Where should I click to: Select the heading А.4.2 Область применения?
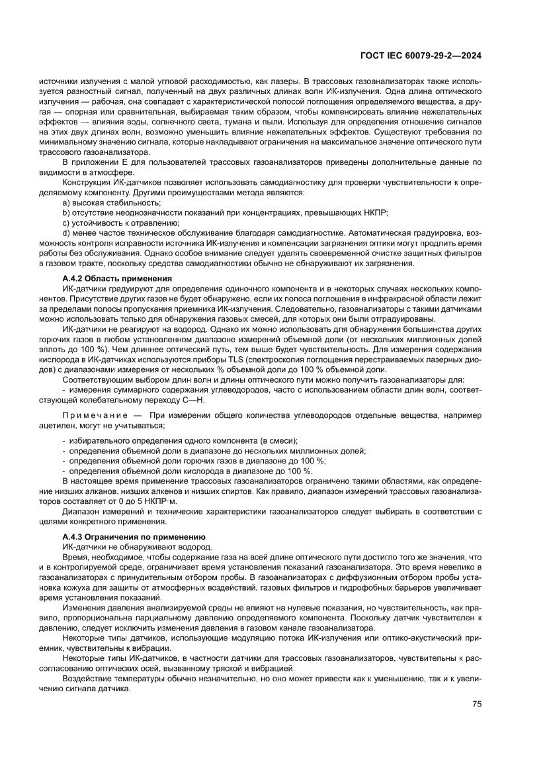117,278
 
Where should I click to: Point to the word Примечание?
94,414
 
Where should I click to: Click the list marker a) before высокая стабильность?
66,202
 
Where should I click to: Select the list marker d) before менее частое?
66,234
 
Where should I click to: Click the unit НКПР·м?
163,501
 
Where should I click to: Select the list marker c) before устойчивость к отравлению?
65,223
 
